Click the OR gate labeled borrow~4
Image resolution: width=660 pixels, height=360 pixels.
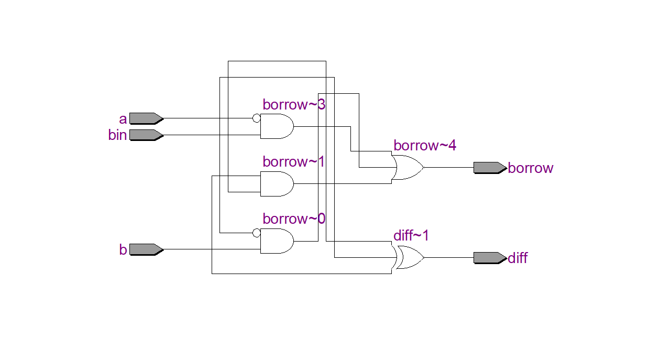(x=408, y=168)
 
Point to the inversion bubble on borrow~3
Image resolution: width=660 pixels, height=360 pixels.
(x=256, y=118)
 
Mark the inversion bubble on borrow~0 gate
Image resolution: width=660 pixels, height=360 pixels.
(x=256, y=232)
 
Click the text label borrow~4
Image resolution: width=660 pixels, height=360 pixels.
(x=425, y=146)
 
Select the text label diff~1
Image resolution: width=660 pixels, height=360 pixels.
(x=411, y=236)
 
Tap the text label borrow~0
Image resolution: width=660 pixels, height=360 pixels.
(x=294, y=219)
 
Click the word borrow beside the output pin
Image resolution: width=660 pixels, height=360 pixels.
(x=531, y=168)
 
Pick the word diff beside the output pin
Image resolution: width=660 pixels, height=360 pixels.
(x=518, y=258)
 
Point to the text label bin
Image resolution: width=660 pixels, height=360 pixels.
(x=117, y=135)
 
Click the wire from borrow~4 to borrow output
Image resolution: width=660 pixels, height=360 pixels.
(x=448, y=168)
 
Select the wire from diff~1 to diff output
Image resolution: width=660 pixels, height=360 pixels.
(x=448, y=258)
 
